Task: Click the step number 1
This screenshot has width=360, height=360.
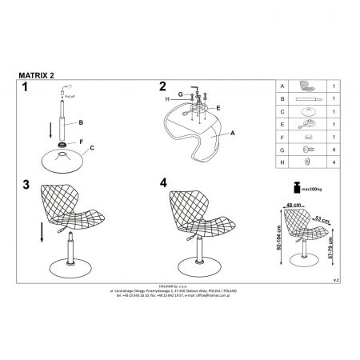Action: pos(25,87)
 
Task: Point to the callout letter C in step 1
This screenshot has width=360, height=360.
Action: pos(92,148)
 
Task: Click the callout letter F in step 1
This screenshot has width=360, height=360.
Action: pos(80,141)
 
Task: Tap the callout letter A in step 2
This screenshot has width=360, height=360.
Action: pos(232,135)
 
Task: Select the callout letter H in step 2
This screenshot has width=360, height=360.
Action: pos(167,98)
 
